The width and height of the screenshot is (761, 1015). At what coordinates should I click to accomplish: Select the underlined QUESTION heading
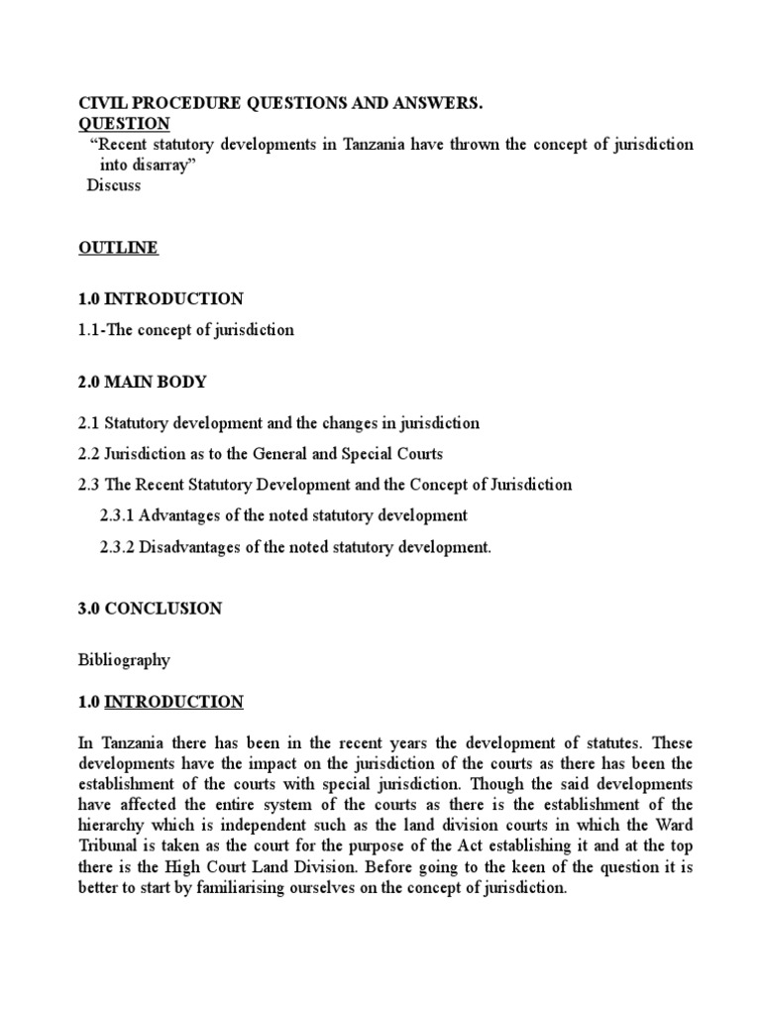[124, 123]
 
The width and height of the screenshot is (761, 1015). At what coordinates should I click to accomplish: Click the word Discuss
[114, 185]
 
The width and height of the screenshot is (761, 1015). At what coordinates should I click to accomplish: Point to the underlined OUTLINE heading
[118, 248]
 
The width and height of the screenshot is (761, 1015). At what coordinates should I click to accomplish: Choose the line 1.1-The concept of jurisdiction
[186, 330]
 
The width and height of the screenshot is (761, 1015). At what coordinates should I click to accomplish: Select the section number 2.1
[89, 423]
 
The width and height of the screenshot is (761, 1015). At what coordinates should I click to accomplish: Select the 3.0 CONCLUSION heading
[150, 609]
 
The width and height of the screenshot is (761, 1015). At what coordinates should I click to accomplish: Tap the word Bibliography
[124, 659]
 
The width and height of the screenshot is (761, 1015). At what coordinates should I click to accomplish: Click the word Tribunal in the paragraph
[108, 846]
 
